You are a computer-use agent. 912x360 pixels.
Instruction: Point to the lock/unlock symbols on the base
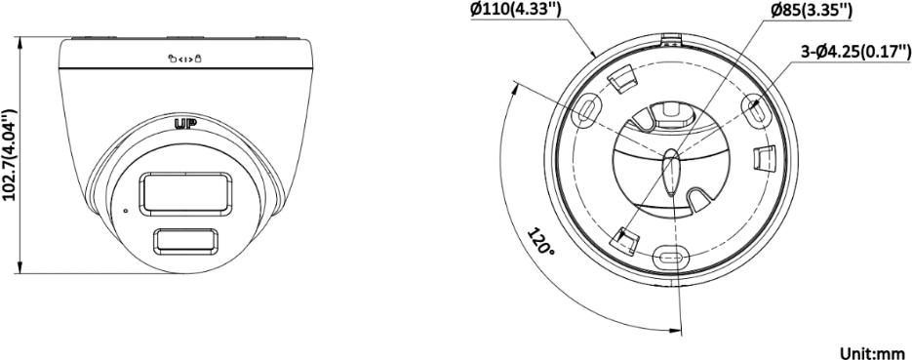(185, 59)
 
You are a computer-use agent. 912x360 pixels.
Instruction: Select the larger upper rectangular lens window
(187, 193)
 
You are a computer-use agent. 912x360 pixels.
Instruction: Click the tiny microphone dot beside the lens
(124, 209)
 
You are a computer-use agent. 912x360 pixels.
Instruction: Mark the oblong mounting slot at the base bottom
(669, 258)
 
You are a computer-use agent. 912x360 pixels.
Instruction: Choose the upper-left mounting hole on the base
(585, 109)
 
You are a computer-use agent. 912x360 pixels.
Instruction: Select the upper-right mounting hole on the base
(753, 107)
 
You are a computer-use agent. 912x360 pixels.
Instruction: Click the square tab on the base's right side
(765, 155)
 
